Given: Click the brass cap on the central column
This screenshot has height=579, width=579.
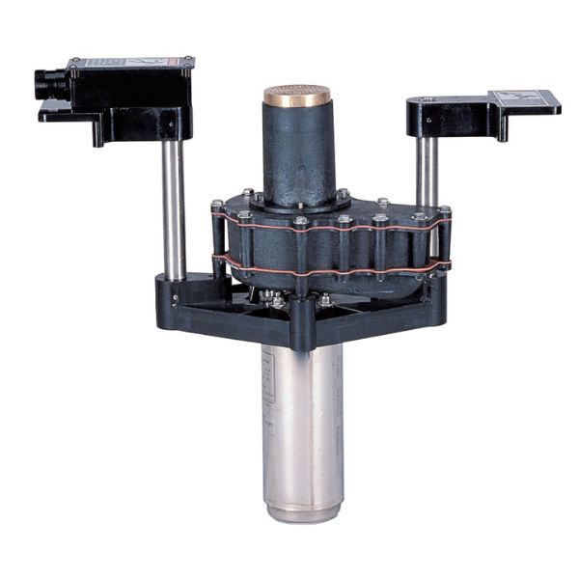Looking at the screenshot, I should click(x=296, y=96).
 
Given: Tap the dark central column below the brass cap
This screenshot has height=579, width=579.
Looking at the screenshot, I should click(x=296, y=154).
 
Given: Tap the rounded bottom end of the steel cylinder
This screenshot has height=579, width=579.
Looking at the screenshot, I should click(x=302, y=510).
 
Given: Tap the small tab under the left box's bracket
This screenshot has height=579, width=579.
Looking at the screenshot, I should click(x=97, y=134).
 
